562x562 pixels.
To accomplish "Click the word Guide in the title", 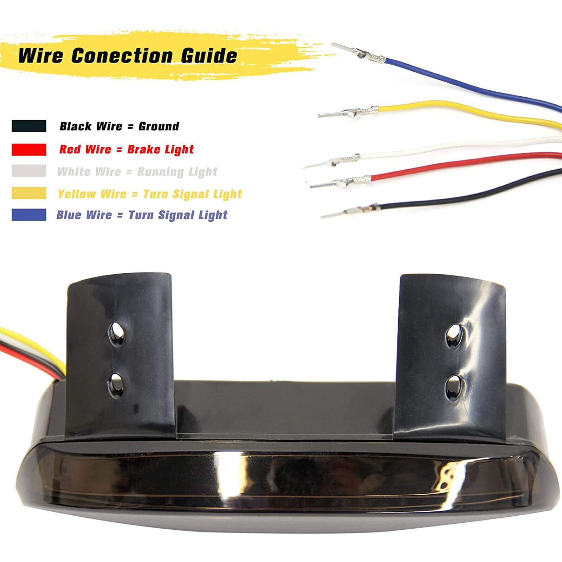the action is coord(209,56).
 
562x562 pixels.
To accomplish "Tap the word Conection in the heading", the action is coord(122,56).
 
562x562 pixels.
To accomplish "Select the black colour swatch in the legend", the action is coord(29,126).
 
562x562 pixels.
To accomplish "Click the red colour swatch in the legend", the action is coord(29,149).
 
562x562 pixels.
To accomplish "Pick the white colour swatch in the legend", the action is coord(29,171).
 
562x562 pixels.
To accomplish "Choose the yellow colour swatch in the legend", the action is coord(29,193).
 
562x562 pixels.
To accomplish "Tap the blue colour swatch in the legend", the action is coord(29,215).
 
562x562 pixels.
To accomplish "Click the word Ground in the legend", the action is coord(159,126).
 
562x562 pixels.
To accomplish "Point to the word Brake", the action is coord(144,149).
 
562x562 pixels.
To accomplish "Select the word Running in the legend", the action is coord(161,172).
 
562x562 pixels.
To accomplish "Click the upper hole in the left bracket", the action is coord(116,333).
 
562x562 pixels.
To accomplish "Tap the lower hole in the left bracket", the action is coord(116,384).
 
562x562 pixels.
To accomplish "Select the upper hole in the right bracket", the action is coord(454,336).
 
